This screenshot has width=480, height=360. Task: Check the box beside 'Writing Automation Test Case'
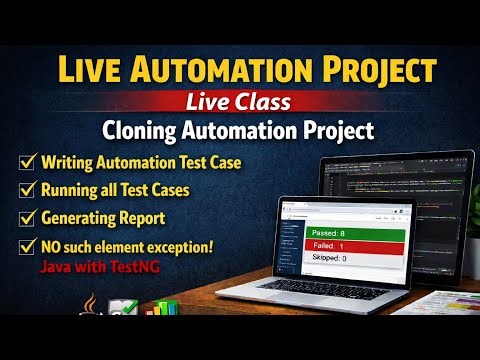coord(26,161)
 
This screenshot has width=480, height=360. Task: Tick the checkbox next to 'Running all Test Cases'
coord(26,188)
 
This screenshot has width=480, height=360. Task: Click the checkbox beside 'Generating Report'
coord(26,215)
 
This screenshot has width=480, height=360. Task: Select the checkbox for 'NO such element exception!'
coord(26,246)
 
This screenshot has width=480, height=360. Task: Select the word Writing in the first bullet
coord(70,161)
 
